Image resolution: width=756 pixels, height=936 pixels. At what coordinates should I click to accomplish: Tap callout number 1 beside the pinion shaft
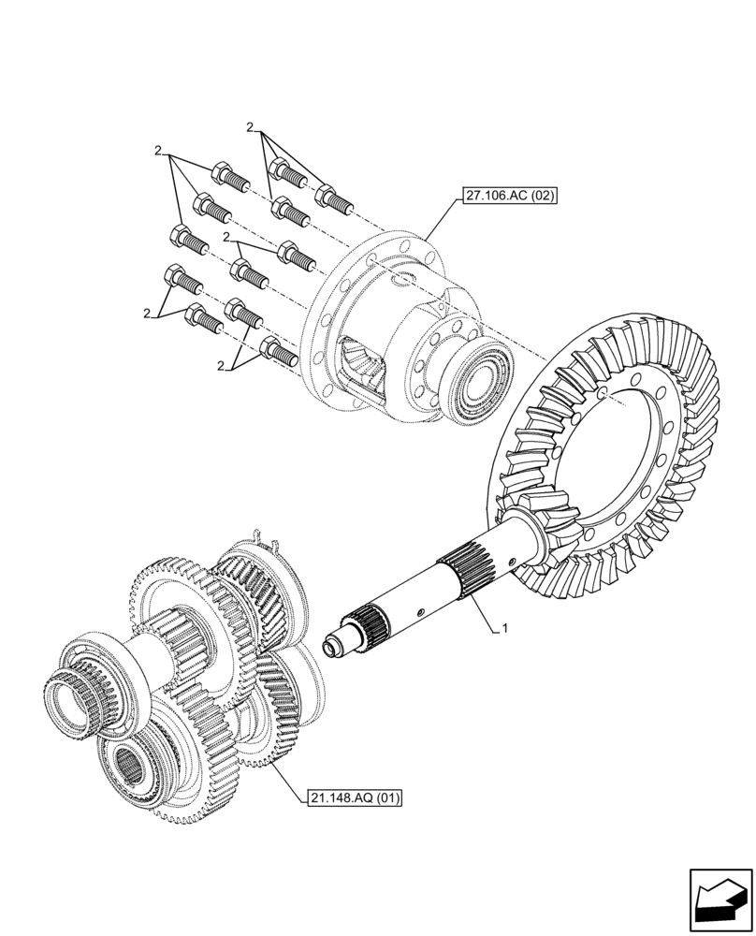point(504,629)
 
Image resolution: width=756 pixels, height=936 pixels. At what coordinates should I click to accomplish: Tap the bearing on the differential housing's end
point(483,383)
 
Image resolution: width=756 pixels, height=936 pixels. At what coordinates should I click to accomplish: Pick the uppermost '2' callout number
point(250,126)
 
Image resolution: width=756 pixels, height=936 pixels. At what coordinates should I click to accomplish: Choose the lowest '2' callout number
point(221,366)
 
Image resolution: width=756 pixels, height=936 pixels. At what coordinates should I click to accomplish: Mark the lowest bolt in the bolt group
point(279,351)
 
